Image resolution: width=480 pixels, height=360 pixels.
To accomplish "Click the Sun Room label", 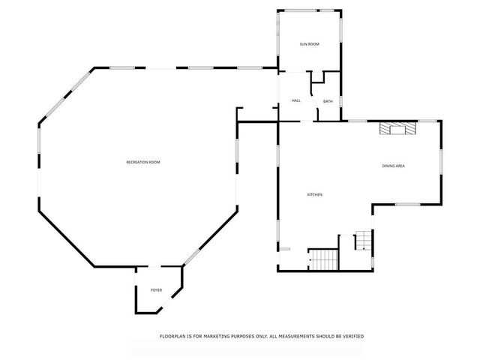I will (310, 44).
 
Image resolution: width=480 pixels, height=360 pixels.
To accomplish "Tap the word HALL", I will (296, 100).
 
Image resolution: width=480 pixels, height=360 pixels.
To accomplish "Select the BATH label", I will (328, 101).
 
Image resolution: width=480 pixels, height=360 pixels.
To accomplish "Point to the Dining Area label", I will (394, 166).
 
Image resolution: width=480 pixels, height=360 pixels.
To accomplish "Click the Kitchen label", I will (315, 195).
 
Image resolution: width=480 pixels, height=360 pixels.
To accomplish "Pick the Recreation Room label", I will (143, 162).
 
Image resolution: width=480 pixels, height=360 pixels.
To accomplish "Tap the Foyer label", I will (156, 289).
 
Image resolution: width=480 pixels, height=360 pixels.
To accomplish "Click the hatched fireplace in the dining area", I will (396, 128).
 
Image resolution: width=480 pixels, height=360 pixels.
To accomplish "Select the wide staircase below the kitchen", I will (325, 259).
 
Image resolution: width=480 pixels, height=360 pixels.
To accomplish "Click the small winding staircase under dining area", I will (364, 241).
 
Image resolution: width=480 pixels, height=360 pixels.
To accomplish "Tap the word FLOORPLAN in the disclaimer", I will (174, 336).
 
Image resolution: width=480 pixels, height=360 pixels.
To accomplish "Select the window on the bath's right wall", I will (342, 101).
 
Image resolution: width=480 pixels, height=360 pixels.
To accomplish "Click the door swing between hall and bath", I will (318, 115).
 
